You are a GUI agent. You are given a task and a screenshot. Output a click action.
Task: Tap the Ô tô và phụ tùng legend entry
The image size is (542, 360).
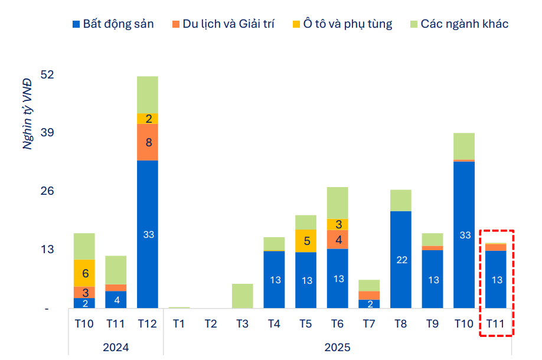342,24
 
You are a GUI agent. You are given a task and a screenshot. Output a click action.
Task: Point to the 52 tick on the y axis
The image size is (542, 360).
47,75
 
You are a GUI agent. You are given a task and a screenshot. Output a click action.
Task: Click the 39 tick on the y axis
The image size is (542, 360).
47,133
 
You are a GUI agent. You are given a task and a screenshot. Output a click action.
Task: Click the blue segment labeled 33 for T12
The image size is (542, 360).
148,234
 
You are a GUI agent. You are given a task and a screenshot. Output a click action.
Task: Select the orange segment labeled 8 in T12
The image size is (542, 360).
148,142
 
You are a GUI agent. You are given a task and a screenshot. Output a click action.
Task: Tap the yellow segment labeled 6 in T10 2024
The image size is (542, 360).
84,273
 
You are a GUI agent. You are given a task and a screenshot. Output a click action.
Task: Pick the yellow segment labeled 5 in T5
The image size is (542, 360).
306,241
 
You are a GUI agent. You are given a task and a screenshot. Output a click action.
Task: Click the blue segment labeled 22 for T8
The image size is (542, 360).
401,260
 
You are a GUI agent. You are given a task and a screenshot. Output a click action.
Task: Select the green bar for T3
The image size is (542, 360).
243,296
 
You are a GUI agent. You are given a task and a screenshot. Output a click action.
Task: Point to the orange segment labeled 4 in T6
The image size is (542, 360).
338,240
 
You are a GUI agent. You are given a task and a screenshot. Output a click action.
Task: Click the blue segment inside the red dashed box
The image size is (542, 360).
496,279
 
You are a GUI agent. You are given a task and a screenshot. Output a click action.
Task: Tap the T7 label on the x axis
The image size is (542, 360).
369,323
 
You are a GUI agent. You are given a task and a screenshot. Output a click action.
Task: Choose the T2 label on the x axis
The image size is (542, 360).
211,323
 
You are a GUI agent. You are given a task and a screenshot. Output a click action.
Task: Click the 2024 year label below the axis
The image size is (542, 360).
116,346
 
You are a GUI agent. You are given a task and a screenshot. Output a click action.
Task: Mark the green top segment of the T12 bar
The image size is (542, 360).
148,94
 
